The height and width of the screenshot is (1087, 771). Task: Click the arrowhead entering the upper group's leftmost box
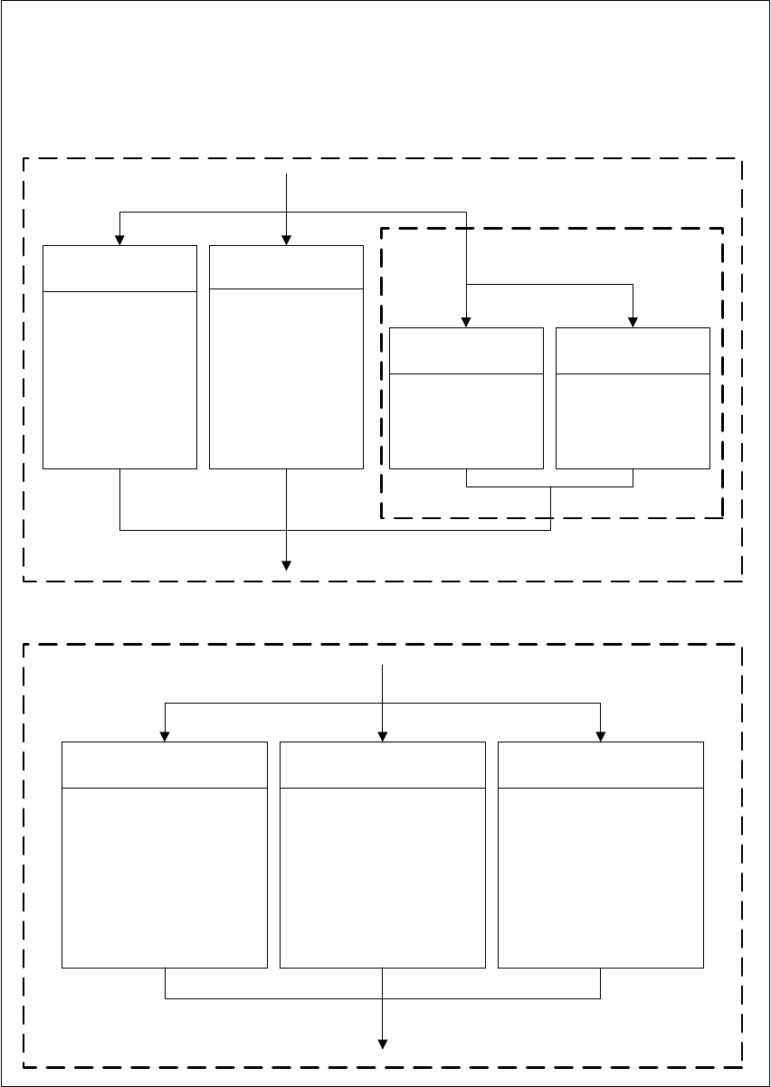(119, 240)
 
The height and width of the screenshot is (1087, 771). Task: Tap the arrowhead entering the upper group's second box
(287, 240)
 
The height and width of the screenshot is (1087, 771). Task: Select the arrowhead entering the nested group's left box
(466, 321)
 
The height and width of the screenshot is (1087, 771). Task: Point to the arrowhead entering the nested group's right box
(633, 321)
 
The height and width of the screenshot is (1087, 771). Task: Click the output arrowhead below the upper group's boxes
(287, 566)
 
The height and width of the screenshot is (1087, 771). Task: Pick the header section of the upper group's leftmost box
(119, 268)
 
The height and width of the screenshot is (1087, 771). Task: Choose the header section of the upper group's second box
(286, 267)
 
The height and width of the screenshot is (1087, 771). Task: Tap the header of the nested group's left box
(466, 351)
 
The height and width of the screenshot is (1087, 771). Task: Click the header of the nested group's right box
(633, 351)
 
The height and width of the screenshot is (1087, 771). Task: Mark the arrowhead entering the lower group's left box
(165, 735)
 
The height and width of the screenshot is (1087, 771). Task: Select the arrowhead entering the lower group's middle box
(383, 735)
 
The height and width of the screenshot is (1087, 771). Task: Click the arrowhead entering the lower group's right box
(601, 735)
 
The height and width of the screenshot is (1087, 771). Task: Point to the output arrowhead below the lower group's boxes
(383, 1044)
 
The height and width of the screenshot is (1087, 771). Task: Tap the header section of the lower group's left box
(165, 765)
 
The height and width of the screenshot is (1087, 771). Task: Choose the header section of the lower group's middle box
(383, 765)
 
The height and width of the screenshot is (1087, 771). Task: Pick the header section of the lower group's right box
(601, 765)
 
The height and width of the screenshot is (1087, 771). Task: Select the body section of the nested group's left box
(466, 421)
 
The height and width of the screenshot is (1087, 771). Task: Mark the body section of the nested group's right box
(633, 421)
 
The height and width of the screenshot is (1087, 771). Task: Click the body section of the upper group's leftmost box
(119, 380)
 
